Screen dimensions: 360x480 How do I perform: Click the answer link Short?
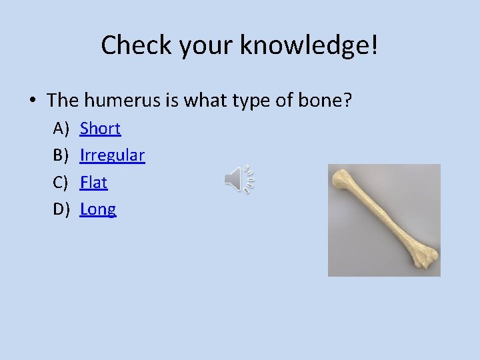click(x=100, y=128)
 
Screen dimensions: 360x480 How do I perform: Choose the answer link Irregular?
click(x=112, y=155)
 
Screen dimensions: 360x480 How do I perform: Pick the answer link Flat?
click(x=93, y=182)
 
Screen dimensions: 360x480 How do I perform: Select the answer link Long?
click(x=98, y=209)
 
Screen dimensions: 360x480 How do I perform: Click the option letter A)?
click(x=61, y=128)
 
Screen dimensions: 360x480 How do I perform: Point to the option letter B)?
click(x=61, y=155)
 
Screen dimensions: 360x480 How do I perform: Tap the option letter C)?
click(x=61, y=182)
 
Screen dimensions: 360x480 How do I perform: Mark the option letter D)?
click(x=61, y=209)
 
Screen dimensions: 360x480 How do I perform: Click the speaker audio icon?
click(x=239, y=179)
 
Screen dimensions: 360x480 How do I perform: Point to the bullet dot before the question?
click(x=32, y=101)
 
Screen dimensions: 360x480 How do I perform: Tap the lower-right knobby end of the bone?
click(x=424, y=257)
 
